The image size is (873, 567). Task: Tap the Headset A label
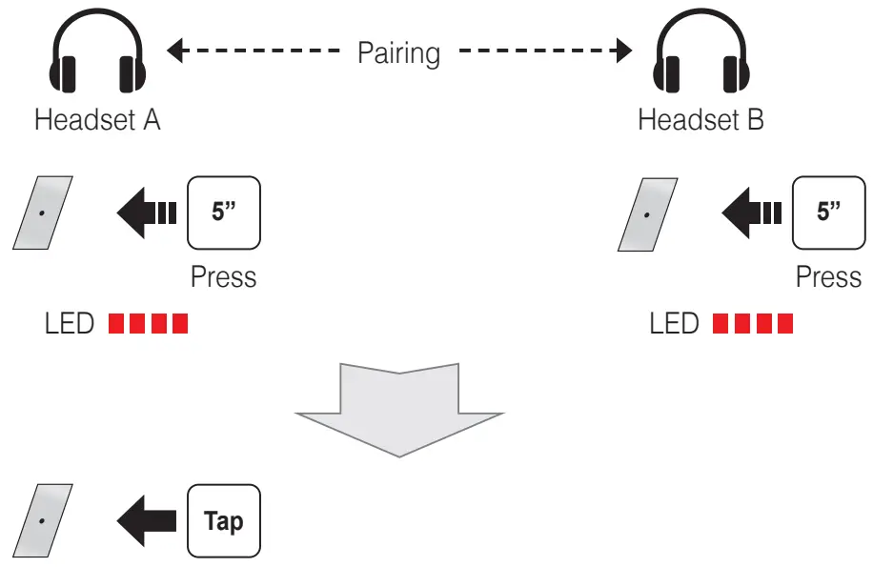tap(97, 120)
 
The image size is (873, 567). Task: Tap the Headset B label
tap(700, 120)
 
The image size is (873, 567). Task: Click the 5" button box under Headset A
tap(224, 211)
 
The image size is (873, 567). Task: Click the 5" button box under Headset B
tap(828, 211)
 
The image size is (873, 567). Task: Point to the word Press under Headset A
tap(224, 277)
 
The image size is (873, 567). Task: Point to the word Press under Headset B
tap(828, 277)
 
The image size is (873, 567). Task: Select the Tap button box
tap(224, 521)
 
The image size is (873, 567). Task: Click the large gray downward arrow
tap(399, 405)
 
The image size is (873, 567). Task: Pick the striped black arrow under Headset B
tap(751, 212)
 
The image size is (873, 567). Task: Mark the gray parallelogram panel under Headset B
tap(649, 213)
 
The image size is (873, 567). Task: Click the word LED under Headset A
tap(70, 324)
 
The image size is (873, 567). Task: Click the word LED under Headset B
tap(674, 324)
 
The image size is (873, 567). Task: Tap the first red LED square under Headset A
tap(117, 324)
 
